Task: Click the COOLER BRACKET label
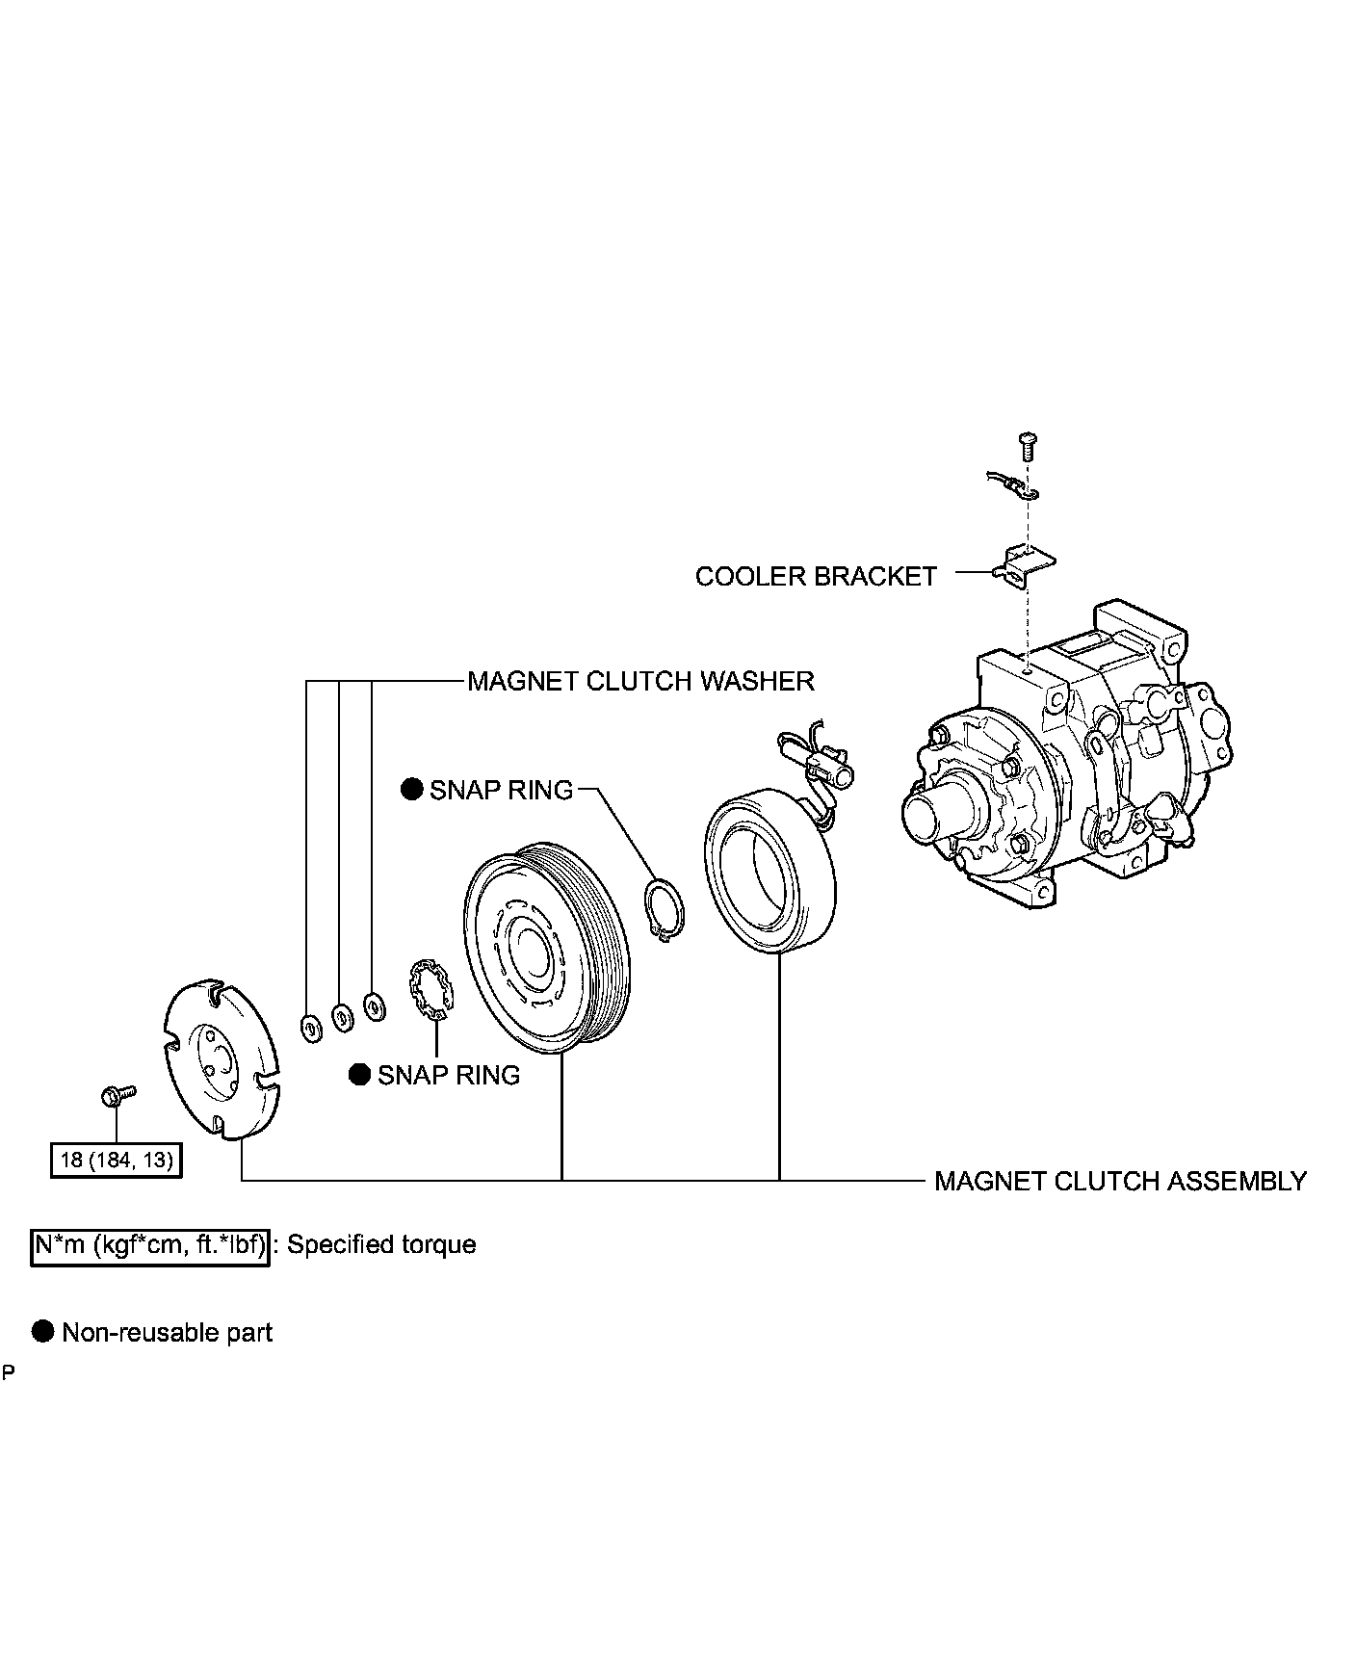[x=815, y=576]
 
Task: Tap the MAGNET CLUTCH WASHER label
[x=640, y=681]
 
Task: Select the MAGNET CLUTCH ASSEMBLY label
[x=1120, y=1181]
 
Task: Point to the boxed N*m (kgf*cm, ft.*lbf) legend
[x=149, y=1244]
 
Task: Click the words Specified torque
[x=381, y=1244]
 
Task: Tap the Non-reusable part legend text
[x=168, y=1333]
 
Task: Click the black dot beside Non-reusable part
[x=42, y=1332]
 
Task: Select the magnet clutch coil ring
[x=770, y=870]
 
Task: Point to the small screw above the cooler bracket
[x=1027, y=447]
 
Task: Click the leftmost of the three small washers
[x=310, y=1027]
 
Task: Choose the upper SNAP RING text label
[x=501, y=790]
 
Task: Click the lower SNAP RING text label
[x=449, y=1075]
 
